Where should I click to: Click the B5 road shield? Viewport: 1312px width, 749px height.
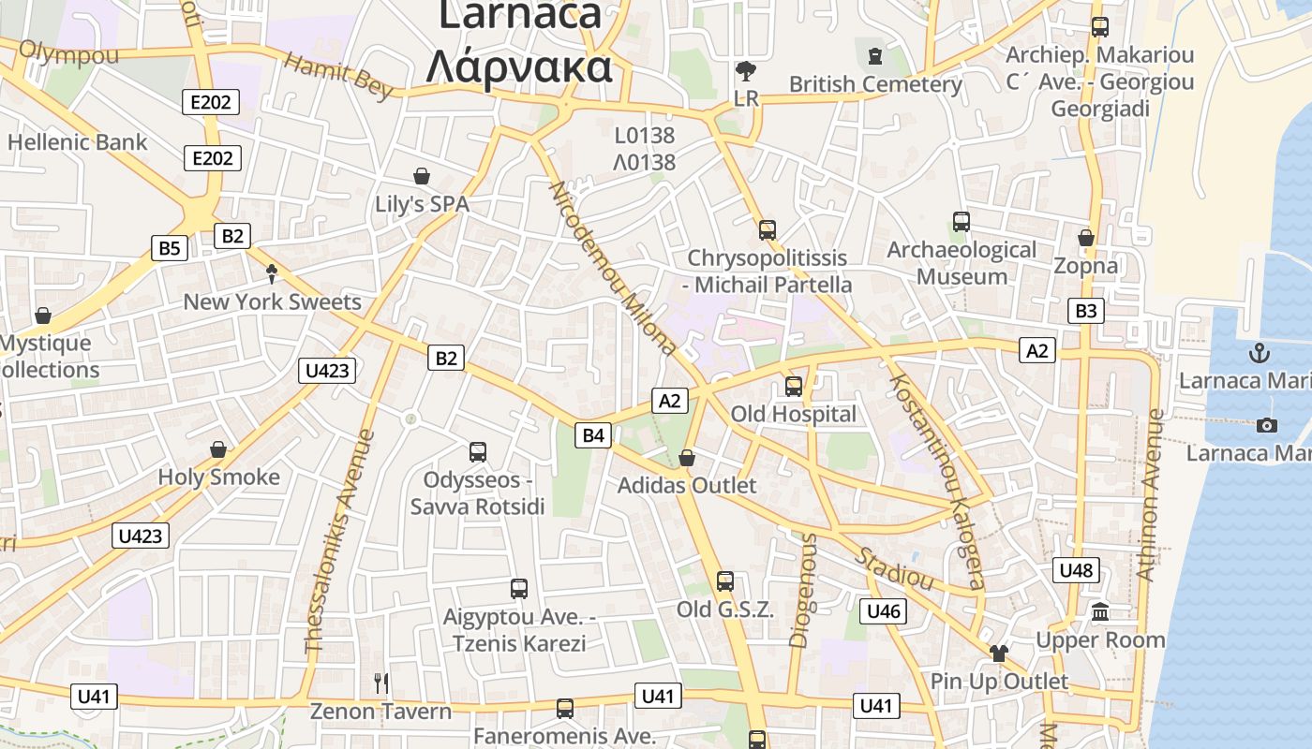169,248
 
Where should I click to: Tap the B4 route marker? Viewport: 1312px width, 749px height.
594,434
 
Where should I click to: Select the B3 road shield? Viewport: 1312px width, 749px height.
1085,311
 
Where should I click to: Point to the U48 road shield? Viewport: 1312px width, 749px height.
1076,569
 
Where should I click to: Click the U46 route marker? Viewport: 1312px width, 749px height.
883,611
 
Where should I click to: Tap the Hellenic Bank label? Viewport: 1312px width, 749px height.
77,142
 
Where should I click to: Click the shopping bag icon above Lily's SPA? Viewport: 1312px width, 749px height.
422,176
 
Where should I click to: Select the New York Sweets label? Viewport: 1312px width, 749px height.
272,301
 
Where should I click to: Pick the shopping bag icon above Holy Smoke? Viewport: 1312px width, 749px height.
218,449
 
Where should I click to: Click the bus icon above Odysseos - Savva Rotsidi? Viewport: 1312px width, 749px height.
478,452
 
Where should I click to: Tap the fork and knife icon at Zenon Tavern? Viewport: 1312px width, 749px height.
380,683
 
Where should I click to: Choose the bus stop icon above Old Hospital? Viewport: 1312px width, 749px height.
794,386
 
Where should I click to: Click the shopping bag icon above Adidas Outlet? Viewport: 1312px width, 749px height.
687,458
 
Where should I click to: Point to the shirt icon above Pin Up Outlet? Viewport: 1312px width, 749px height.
999,653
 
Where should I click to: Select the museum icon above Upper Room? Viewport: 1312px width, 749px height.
1101,612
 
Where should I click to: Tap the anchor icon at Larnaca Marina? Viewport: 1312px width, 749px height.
1260,353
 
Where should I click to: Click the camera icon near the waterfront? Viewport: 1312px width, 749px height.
1267,426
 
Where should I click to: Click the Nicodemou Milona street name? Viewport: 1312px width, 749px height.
613,269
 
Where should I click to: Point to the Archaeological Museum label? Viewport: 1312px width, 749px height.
962,263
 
